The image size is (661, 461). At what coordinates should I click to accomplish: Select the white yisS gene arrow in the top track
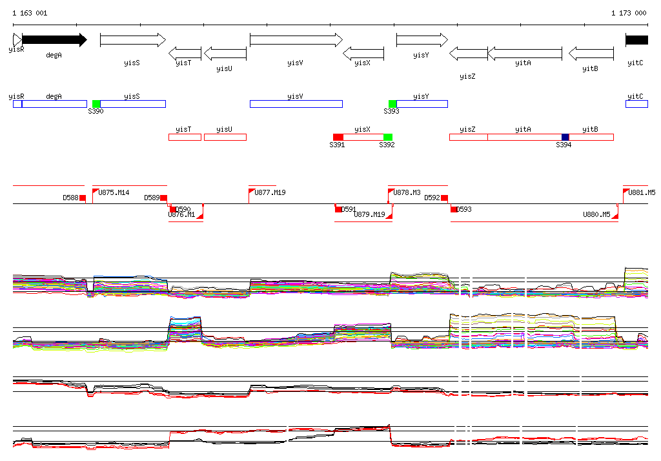click(132, 40)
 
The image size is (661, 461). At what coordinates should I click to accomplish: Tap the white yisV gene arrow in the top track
click(296, 40)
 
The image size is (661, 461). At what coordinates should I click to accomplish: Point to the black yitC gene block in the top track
click(636, 40)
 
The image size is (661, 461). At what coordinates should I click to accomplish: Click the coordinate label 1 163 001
click(30, 13)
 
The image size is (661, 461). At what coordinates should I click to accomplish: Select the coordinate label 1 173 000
click(629, 13)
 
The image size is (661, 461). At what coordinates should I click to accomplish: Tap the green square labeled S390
click(96, 104)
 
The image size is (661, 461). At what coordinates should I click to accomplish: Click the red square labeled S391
click(338, 137)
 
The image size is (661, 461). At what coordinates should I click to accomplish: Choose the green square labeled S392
click(388, 137)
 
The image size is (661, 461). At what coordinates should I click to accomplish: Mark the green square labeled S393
click(392, 104)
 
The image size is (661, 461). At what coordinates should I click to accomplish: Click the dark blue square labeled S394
click(565, 137)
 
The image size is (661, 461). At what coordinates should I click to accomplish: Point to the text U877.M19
click(270, 192)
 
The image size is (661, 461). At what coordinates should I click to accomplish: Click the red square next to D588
click(83, 198)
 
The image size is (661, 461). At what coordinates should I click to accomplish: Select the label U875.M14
click(114, 192)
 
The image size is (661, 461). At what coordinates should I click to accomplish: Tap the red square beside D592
click(444, 198)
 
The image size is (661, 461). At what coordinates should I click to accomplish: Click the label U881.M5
click(642, 192)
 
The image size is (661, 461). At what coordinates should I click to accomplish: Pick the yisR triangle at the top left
click(17, 40)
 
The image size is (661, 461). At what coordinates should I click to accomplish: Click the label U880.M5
click(596, 214)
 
